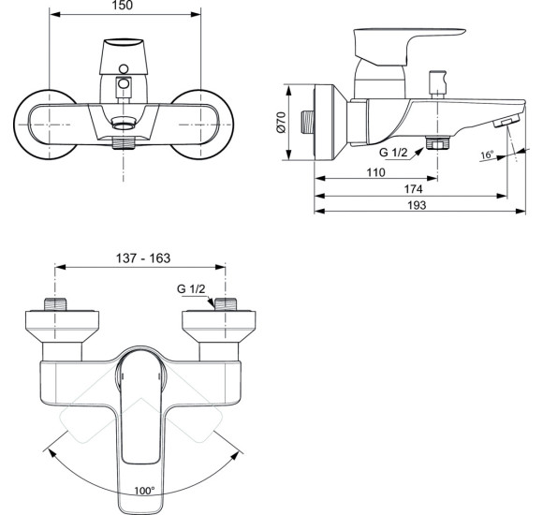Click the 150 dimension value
(125, 6)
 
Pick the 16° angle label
(487, 155)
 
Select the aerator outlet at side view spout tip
(503, 123)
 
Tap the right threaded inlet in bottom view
(225, 305)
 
